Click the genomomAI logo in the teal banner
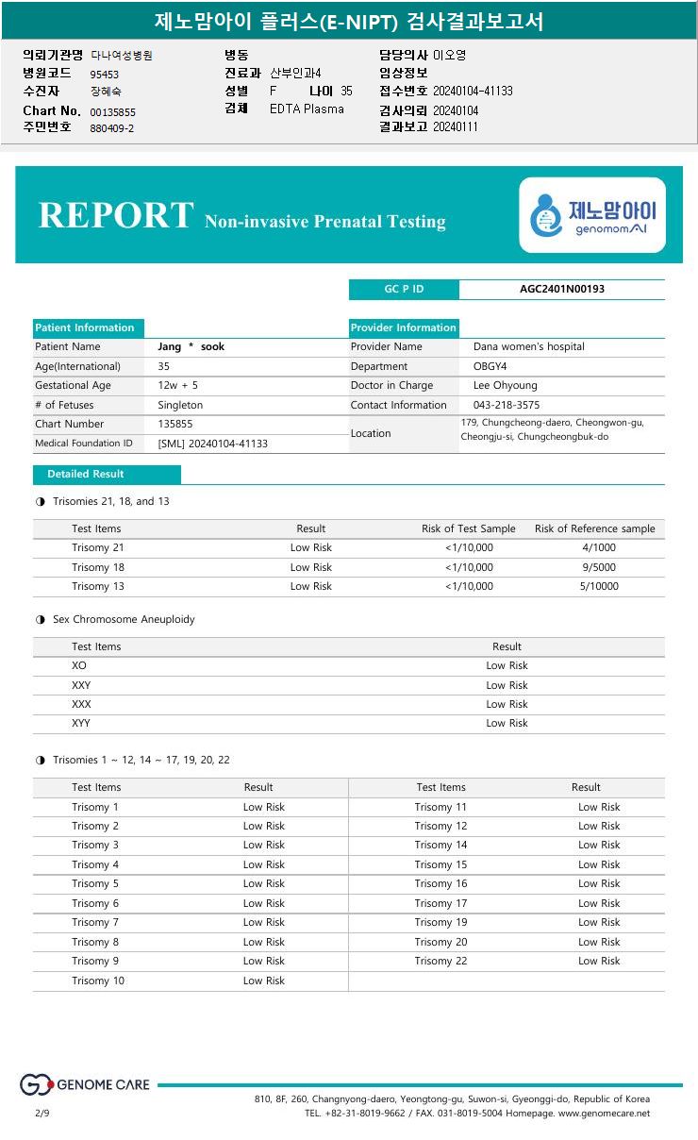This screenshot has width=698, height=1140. [592, 215]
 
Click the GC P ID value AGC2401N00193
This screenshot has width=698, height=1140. [562, 289]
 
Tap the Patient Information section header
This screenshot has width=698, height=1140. [85, 327]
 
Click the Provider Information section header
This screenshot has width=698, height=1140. [404, 327]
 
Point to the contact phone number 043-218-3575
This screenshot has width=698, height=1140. [507, 405]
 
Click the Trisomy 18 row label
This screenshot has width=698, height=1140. [98, 567]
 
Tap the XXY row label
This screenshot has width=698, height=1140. [82, 685]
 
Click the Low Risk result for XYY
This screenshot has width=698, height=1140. [507, 723]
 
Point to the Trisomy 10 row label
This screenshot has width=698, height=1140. [98, 981]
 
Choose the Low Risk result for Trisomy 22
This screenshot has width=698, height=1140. [599, 961]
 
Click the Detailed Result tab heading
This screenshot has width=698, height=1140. [86, 474]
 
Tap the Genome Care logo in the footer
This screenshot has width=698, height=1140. [85, 1085]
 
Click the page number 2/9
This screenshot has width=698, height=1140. [42, 1114]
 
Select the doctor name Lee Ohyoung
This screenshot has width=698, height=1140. [505, 385]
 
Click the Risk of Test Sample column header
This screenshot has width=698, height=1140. [468, 528]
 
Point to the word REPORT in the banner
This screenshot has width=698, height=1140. [116, 215]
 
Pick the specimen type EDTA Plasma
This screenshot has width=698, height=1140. [307, 109]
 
